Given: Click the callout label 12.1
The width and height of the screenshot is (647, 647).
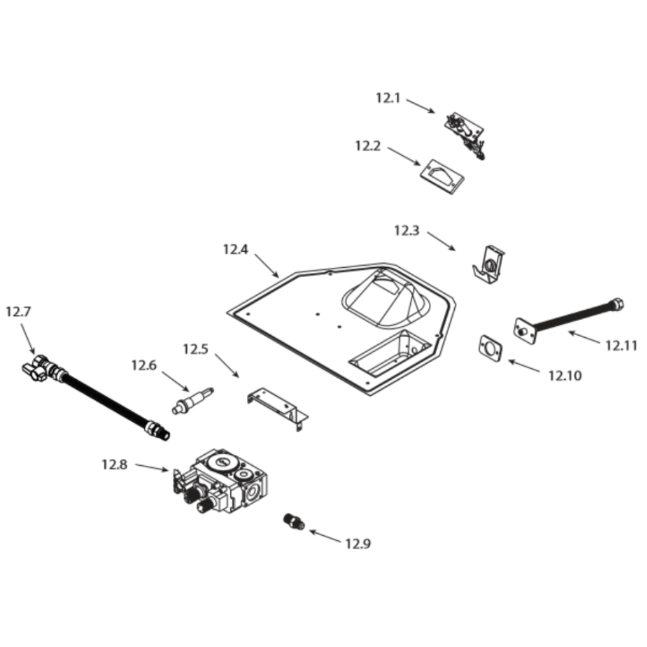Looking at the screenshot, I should click(x=388, y=98).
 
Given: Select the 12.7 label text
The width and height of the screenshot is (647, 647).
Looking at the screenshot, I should click(x=18, y=311).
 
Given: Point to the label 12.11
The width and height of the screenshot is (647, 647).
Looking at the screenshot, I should click(x=621, y=345).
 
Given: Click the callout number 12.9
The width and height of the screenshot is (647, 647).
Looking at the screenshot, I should click(x=358, y=544).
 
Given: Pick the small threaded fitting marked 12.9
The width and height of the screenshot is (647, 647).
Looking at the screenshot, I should click(x=294, y=521).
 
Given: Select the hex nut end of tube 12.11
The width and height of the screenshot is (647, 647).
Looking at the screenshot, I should click(x=617, y=302).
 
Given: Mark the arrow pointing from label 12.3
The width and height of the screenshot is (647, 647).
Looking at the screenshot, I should click(x=441, y=241).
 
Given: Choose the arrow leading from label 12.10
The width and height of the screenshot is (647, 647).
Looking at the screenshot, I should click(x=523, y=366).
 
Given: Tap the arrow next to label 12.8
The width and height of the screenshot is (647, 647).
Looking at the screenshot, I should click(x=152, y=468).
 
